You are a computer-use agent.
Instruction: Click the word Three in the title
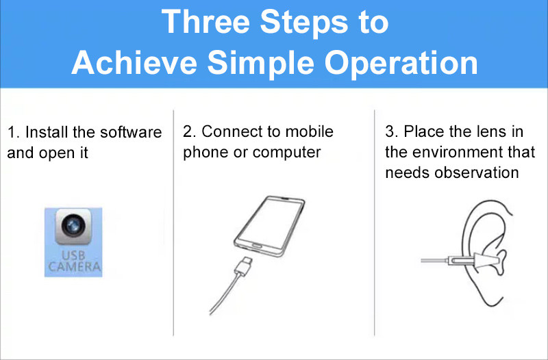pos(206,22)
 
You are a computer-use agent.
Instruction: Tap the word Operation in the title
pos(401,63)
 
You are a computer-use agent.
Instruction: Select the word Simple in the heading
pos(260,63)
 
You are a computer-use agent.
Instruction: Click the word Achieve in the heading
pos(134,63)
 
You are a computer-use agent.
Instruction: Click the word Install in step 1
pos(47,132)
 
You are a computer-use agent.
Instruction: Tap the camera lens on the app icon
pos(73,225)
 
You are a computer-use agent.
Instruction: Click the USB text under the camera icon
pos(73,255)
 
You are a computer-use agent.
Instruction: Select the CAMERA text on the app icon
pos(75,267)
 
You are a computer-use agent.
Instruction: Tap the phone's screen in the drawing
pos(269,222)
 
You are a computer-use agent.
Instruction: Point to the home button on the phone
pos(257,246)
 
